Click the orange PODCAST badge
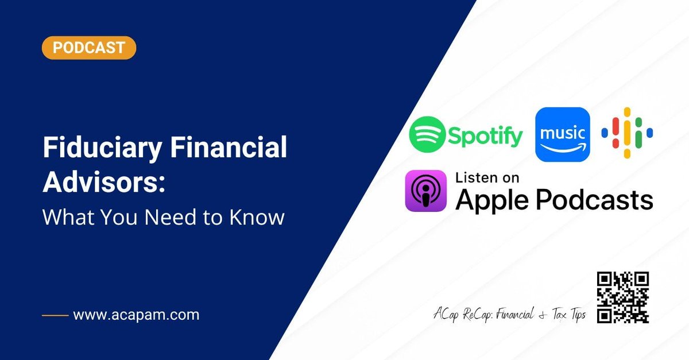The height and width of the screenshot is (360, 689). [x=89, y=48]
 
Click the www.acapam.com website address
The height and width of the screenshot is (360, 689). [x=136, y=315]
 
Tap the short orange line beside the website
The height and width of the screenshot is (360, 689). [x=55, y=315]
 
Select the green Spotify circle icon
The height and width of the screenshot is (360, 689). [x=427, y=134]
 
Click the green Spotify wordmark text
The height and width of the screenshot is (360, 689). [x=486, y=136]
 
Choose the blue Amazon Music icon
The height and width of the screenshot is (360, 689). [x=563, y=134]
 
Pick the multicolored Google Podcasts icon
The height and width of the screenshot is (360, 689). [x=627, y=133]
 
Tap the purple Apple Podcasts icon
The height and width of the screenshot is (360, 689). [x=425, y=191]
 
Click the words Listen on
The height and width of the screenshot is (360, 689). [x=486, y=177]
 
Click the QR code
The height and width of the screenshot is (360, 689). [x=623, y=297]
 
